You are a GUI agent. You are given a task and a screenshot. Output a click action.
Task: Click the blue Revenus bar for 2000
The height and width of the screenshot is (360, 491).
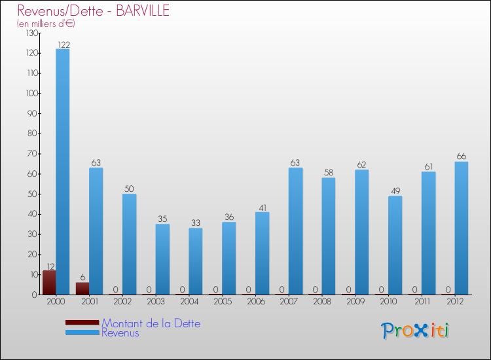tap(63, 171)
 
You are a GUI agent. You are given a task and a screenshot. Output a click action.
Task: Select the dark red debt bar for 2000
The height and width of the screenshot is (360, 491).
tap(49, 282)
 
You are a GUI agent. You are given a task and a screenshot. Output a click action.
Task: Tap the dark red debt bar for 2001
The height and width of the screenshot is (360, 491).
tap(82, 288)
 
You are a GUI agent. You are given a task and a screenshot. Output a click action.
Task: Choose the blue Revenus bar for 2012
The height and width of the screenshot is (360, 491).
tap(462, 228)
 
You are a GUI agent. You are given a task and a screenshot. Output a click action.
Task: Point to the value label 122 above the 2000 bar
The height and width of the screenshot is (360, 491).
tap(64, 45)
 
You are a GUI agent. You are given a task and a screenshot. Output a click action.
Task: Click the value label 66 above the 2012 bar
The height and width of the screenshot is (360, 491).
tap(462, 156)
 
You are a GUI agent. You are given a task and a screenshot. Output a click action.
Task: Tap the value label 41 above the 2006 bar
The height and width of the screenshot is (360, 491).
tap(262, 207)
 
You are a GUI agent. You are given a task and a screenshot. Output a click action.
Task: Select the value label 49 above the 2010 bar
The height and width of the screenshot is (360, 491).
tap(395, 191)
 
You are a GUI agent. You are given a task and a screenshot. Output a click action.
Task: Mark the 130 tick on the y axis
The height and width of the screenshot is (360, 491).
tap(31, 33)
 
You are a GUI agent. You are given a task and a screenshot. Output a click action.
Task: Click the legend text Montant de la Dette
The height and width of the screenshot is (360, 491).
tap(151, 323)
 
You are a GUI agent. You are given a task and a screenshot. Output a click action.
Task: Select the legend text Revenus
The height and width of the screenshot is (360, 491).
tap(120, 333)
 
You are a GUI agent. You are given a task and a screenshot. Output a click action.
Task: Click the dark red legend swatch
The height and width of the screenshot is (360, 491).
tap(82, 323)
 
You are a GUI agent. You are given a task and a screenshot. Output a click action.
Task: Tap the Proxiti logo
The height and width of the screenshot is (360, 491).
tap(415, 331)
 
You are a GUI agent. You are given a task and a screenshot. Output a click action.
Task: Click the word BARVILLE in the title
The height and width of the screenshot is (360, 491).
tap(140, 10)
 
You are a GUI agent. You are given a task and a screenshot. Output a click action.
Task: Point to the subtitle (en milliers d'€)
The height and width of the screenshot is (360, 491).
tap(46, 24)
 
